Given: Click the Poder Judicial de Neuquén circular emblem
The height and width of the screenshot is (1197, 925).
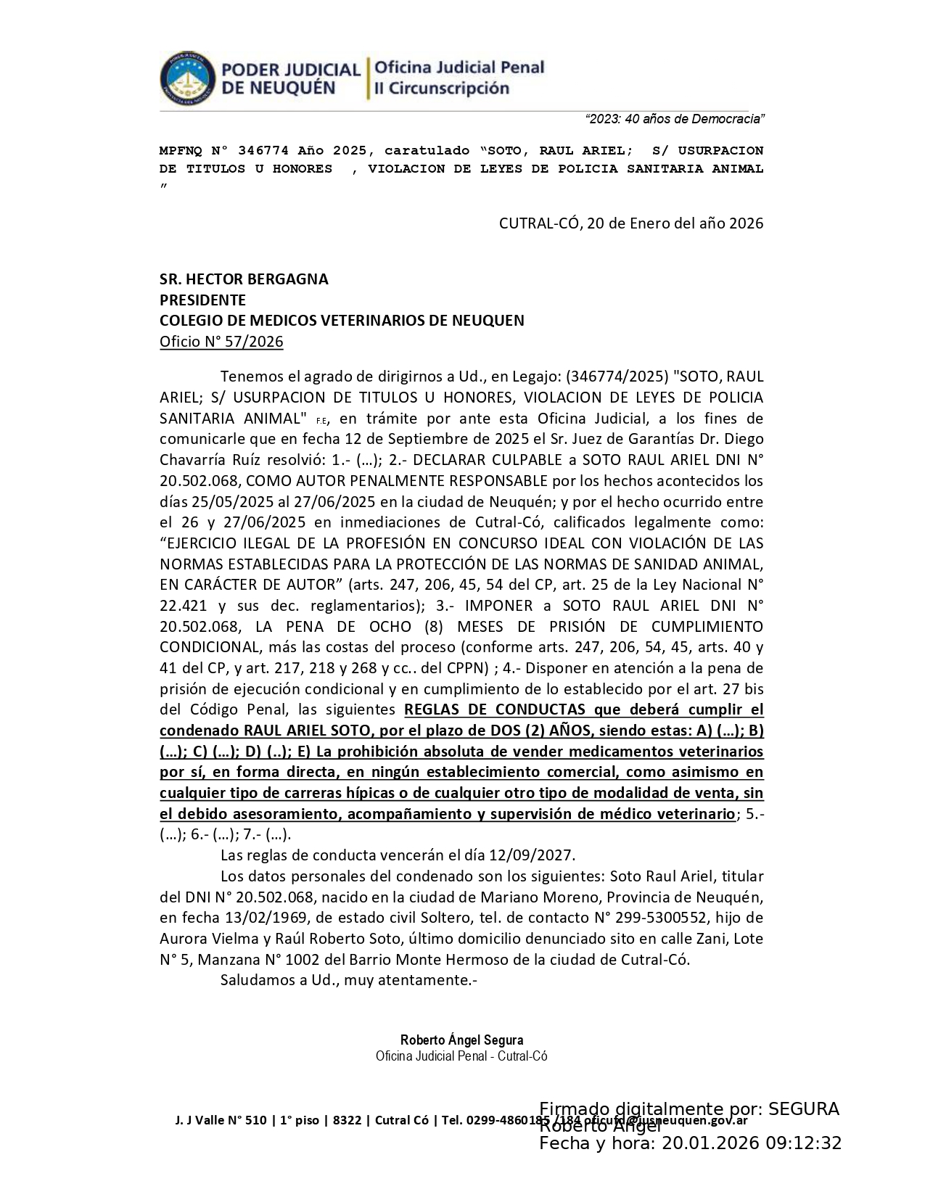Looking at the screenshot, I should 187,78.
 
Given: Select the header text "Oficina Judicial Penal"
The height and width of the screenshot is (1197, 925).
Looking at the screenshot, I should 459,67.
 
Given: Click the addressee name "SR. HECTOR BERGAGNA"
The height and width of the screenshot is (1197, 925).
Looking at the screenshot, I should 244,279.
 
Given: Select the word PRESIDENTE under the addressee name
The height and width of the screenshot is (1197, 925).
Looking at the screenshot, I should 202,300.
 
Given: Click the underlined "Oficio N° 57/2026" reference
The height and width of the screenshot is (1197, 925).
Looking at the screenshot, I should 221,342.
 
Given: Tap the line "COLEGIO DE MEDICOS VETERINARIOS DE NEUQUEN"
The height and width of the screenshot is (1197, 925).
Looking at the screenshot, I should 342,321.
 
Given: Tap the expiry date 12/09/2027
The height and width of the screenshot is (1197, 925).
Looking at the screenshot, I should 536,855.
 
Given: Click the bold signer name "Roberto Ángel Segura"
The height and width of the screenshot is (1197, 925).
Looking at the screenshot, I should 461,1040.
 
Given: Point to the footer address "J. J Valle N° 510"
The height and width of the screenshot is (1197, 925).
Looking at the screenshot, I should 220,1120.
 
